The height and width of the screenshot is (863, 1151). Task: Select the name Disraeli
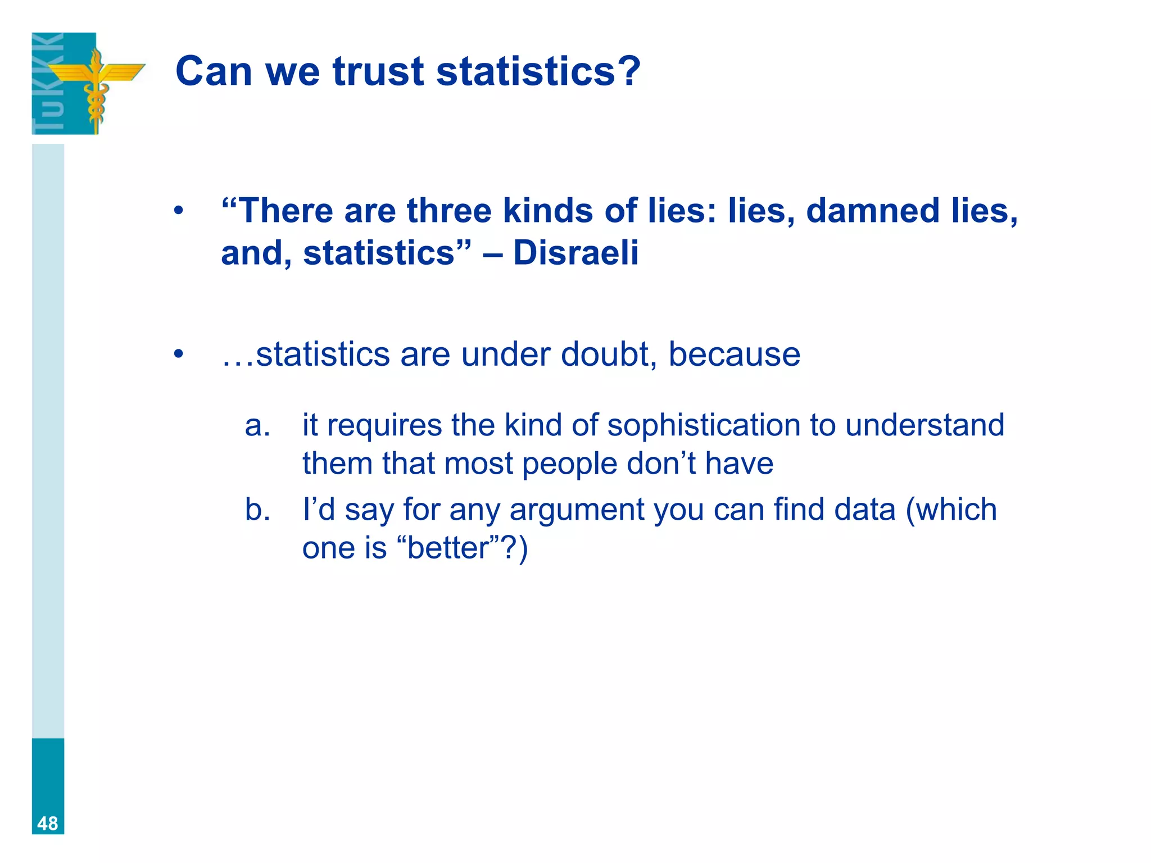click(x=575, y=253)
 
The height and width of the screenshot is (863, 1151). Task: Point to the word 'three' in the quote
click(x=449, y=211)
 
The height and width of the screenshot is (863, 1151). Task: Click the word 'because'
click(x=734, y=355)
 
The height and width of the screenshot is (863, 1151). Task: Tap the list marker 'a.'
click(x=257, y=425)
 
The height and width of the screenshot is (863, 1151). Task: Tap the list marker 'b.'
click(x=257, y=510)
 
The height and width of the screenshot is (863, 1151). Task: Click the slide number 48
click(x=48, y=823)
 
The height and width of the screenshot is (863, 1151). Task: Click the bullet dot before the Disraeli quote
click(x=179, y=211)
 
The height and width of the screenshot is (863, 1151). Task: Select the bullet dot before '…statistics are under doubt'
click(x=179, y=355)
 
